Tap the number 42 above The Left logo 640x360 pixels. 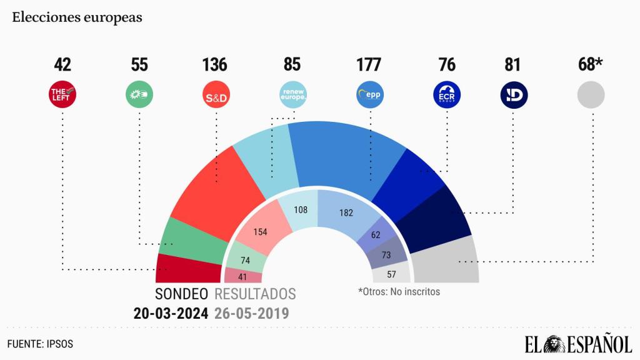pos(62,64)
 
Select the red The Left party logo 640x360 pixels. pos(62,95)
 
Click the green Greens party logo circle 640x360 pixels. pos(139,95)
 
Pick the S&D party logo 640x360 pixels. pos(215,96)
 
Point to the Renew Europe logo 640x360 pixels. pos(292,95)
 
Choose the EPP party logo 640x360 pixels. pos(369,95)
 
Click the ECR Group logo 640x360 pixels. pos(447,95)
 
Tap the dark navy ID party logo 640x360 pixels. pos(514,95)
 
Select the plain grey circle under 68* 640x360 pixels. pos(591,95)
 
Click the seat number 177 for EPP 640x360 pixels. pos(369,64)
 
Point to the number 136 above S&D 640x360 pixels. pos(215,64)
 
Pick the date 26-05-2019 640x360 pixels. pos(251,313)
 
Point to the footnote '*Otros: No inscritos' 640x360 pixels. pos(399,292)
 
